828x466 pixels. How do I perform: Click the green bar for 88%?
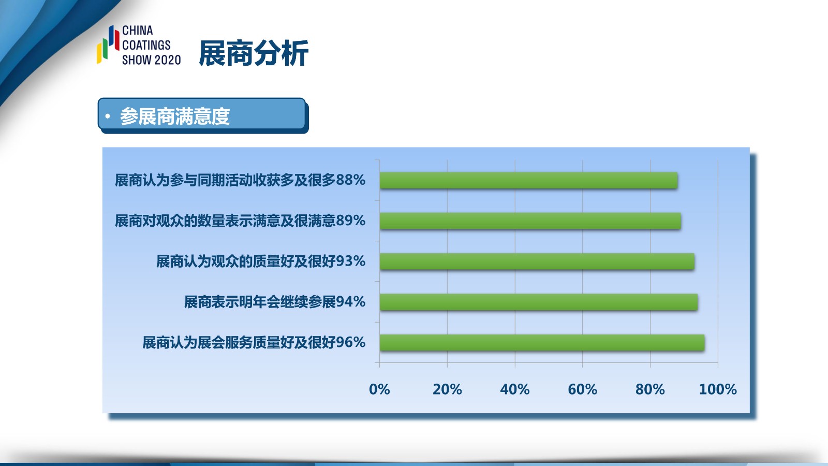coord(528,180)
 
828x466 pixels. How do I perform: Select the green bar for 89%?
coord(530,221)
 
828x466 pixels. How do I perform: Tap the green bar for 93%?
coord(537,261)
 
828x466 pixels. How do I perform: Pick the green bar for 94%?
coord(539,302)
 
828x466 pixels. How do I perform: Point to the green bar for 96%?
coord(542,342)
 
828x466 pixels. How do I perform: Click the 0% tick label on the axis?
coord(379,389)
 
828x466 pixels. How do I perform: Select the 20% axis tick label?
coord(447,389)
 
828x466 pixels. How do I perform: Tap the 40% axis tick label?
coord(515,389)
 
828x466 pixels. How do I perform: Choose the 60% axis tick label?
coord(583,389)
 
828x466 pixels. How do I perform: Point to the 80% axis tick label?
coord(650,389)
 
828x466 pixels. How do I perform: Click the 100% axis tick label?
coord(718,389)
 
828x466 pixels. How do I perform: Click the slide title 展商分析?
coord(254,53)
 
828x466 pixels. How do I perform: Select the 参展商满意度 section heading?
coord(175,116)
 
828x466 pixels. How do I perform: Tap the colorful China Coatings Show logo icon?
coord(108,45)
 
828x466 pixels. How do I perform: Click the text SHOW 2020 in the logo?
coord(152,60)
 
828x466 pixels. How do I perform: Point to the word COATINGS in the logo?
coord(146,45)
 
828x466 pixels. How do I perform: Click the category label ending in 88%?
coord(240,180)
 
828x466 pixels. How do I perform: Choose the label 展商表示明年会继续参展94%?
coord(275,302)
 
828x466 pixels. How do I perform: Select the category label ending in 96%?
coord(254,342)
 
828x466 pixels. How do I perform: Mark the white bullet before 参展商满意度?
coord(108,116)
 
